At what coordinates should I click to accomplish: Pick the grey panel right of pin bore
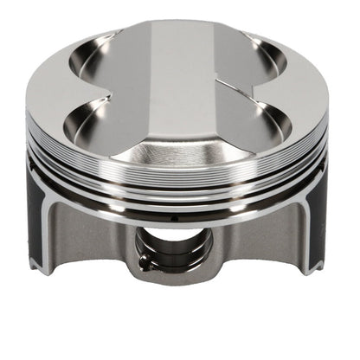[255, 238]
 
